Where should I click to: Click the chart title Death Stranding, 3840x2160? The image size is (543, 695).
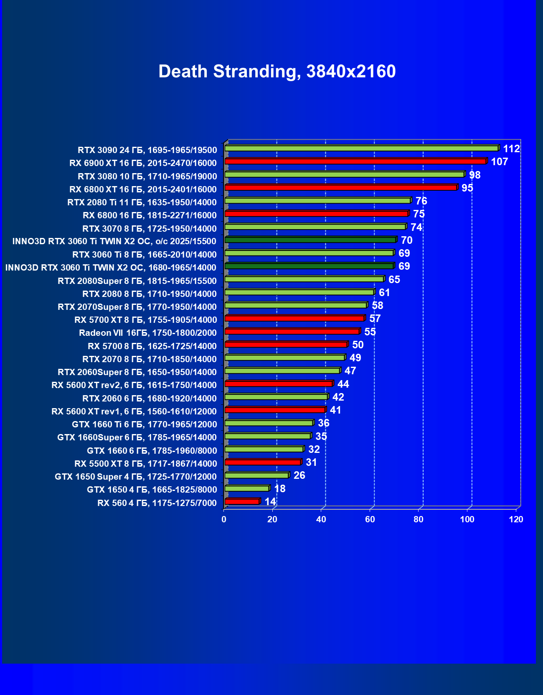coord(277,72)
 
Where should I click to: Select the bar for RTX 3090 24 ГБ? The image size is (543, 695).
coord(361,148)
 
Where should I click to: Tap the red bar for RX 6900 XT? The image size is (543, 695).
coord(355,161)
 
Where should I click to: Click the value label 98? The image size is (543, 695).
coord(475,175)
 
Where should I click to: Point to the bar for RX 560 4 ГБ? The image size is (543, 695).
coord(242,501)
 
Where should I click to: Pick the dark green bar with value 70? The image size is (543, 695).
coord(310,240)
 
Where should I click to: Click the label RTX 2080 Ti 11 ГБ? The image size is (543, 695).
coord(142,202)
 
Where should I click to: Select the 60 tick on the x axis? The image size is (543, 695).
coord(370,519)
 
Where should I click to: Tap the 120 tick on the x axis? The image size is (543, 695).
coord(516,519)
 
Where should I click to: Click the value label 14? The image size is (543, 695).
coord(270,501)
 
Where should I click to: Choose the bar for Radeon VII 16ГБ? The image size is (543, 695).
coord(292,331)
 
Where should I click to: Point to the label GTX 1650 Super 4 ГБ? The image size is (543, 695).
coord(136,477)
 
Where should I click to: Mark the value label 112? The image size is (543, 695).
coord(511,149)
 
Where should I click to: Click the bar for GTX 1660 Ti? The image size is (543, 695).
coord(269,423)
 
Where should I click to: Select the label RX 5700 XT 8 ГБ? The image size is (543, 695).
coord(146,320)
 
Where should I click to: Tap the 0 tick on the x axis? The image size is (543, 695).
coord(224,519)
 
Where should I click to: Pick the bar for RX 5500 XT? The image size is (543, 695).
coord(263,462)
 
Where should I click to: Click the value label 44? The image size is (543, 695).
coord(343,384)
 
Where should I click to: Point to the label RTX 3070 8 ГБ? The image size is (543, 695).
coord(150,229)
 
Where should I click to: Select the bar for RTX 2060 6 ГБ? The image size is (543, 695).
coord(276,397)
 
